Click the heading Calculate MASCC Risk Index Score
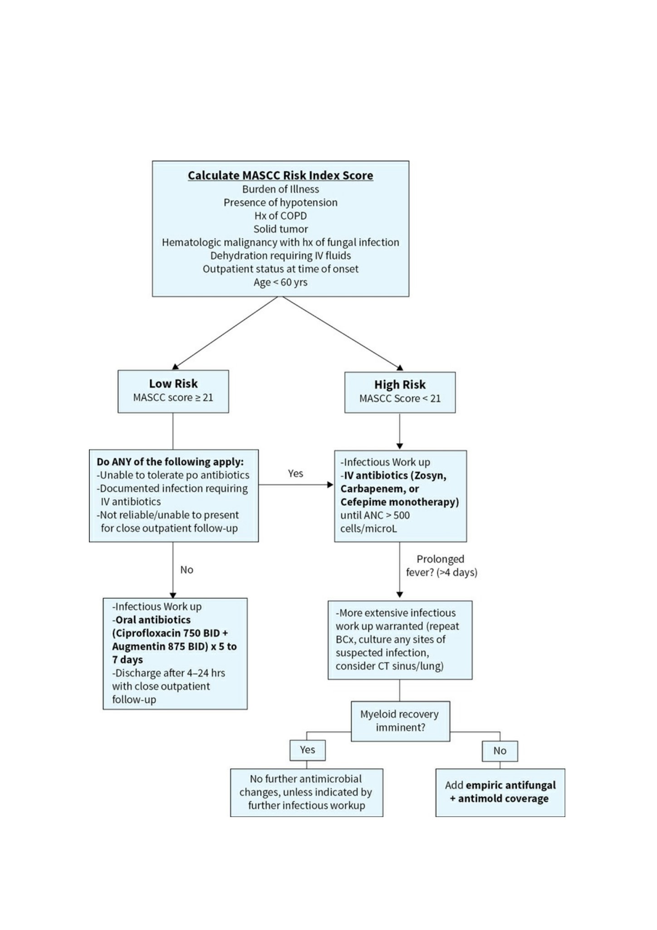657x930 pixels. point(280,176)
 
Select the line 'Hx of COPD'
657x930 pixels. point(280,215)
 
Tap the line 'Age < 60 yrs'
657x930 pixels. point(280,282)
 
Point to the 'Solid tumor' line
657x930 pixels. point(280,229)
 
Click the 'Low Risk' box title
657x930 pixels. point(173,384)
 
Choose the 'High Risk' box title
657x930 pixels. point(400,385)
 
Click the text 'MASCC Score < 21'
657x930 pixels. point(400,398)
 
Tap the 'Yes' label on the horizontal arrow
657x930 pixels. point(295,474)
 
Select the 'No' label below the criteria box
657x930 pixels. point(186,570)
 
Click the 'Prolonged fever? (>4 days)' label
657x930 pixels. point(441,566)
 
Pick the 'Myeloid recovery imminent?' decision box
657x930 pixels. point(400,721)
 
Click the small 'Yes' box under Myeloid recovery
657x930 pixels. point(308,750)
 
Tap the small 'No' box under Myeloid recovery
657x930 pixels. point(500,751)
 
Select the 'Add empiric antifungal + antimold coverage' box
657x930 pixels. point(500,792)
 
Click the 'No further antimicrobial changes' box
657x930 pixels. point(307,792)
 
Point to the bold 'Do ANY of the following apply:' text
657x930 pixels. point(170,462)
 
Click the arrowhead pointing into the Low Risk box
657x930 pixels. point(176,367)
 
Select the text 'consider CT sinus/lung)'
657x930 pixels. point(390,666)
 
